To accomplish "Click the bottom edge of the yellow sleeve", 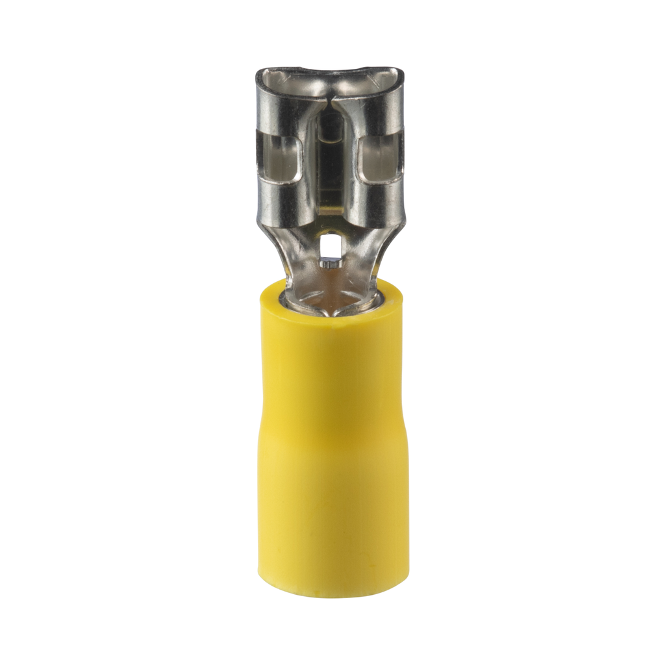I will [x=332, y=594].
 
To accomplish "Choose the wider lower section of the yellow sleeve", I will [x=332, y=513].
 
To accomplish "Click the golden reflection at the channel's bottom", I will [x=331, y=208].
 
